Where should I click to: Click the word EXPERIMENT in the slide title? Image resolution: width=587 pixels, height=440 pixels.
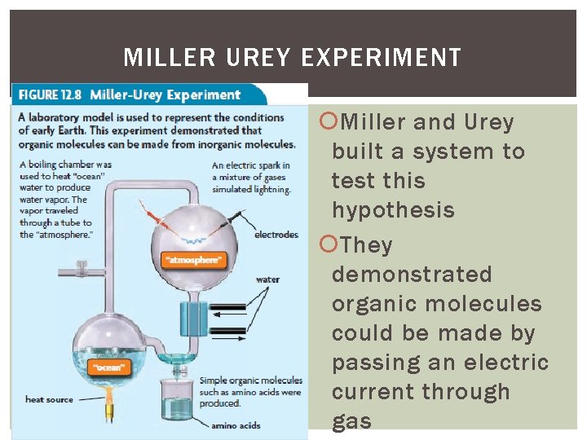pyautogui.click(x=381, y=58)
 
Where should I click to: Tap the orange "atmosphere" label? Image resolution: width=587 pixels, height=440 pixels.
pyautogui.click(x=193, y=261)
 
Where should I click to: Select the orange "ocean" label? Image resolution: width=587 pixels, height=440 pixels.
pyautogui.click(x=108, y=367)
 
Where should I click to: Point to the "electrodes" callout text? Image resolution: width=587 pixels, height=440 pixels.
pyautogui.click(x=277, y=235)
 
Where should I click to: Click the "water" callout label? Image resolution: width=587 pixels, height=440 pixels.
pyautogui.click(x=267, y=279)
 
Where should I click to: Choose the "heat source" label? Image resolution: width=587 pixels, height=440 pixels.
pyautogui.click(x=49, y=399)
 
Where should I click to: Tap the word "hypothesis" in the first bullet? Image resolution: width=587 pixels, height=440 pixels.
pyautogui.click(x=393, y=210)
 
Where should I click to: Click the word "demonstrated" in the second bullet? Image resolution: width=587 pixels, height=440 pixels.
pyautogui.click(x=412, y=275)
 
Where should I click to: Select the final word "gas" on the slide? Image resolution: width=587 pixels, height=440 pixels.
pyautogui.click(x=351, y=421)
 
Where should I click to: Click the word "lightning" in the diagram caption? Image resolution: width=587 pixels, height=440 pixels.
pyautogui.click(x=272, y=189)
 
